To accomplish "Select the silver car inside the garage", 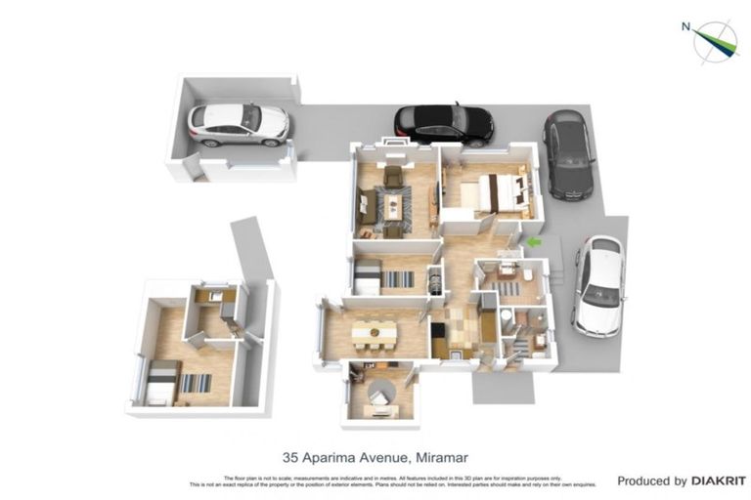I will point(239,123).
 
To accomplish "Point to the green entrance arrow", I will point(534,241).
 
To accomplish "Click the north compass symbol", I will point(715,40).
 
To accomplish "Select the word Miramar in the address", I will point(445,456).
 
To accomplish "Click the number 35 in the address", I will point(290,456).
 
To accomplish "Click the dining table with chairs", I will point(375,335).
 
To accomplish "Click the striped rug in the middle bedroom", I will point(398,279).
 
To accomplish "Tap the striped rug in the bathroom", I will point(508,289).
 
